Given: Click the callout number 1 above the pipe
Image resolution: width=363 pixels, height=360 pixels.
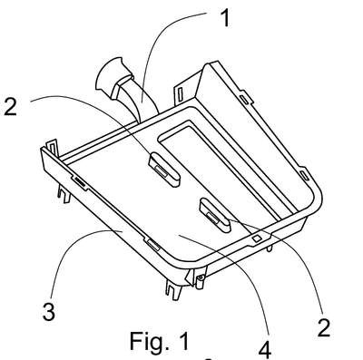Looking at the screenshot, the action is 225,17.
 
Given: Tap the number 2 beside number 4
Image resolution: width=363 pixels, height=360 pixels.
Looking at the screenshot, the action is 324,327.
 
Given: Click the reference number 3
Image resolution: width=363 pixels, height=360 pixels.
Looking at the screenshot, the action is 49,311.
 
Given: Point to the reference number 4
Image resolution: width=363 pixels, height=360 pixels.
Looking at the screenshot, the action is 265,350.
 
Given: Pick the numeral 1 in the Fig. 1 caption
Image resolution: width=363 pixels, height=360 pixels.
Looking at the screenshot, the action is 182,341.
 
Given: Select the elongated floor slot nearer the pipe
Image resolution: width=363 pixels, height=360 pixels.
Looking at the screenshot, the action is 164,169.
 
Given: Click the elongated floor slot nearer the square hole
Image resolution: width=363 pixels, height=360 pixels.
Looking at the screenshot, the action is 215,215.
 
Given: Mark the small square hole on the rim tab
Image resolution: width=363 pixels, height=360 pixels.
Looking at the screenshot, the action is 257,238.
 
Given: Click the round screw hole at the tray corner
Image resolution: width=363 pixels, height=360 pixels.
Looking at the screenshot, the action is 200,277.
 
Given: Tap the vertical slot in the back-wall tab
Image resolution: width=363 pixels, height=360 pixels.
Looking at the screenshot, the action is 180,93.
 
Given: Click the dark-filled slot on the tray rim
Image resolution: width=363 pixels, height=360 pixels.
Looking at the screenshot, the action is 80,180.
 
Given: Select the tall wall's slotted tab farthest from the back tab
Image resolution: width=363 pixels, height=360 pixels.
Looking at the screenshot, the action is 305,175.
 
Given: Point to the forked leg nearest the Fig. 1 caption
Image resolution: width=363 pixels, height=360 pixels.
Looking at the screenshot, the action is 173,289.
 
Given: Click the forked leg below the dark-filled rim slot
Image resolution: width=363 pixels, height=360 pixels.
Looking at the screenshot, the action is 64,194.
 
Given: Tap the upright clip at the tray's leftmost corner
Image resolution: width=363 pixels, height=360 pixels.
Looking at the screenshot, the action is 52,148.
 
